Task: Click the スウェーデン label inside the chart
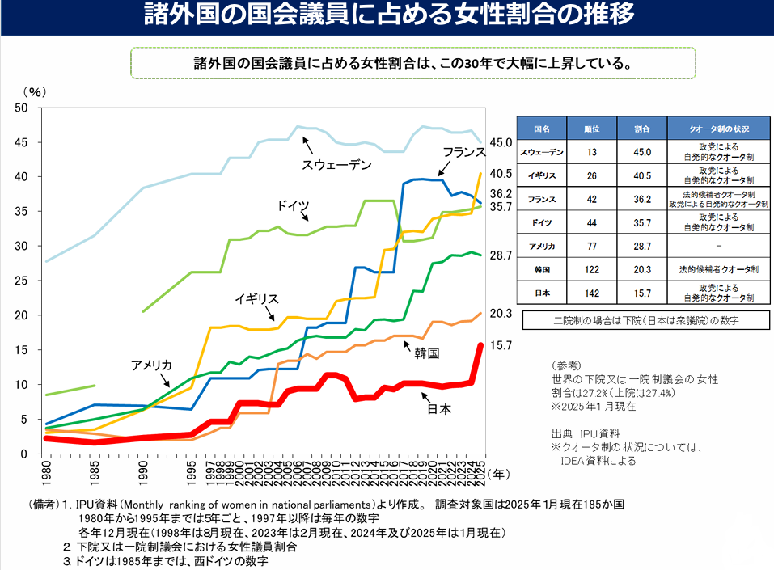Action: [336, 166]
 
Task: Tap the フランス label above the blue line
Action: [463, 152]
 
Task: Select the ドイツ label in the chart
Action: [293, 205]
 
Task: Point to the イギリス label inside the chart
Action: [256, 298]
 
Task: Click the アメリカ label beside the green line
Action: [152, 365]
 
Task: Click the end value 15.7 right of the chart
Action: [501, 345]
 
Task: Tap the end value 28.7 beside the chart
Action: [501, 255]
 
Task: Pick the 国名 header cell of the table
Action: [542, 129]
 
